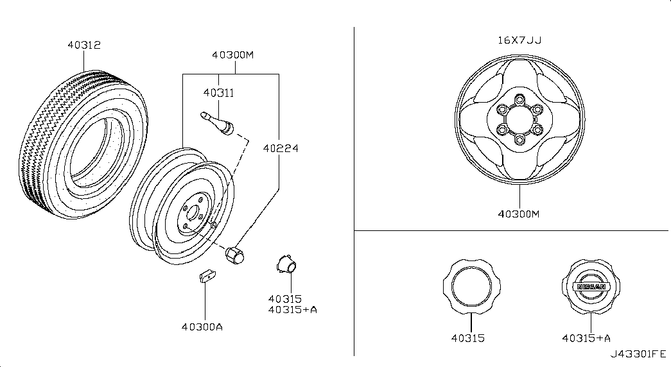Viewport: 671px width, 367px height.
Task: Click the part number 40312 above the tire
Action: [84, 45]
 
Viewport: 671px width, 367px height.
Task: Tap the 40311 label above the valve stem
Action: [219, 93]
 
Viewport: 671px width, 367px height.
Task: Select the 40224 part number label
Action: [281, 148]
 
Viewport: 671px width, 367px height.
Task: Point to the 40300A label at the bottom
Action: [202, 327]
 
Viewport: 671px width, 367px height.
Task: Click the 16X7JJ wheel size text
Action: [519, 40]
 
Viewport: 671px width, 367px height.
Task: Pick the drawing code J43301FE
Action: [638, 354]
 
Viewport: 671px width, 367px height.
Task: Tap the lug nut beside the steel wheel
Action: [234, 255]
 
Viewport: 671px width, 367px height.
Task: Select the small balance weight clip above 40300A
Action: [207, 277]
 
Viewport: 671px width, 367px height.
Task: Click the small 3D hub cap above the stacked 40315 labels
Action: [286, 264]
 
